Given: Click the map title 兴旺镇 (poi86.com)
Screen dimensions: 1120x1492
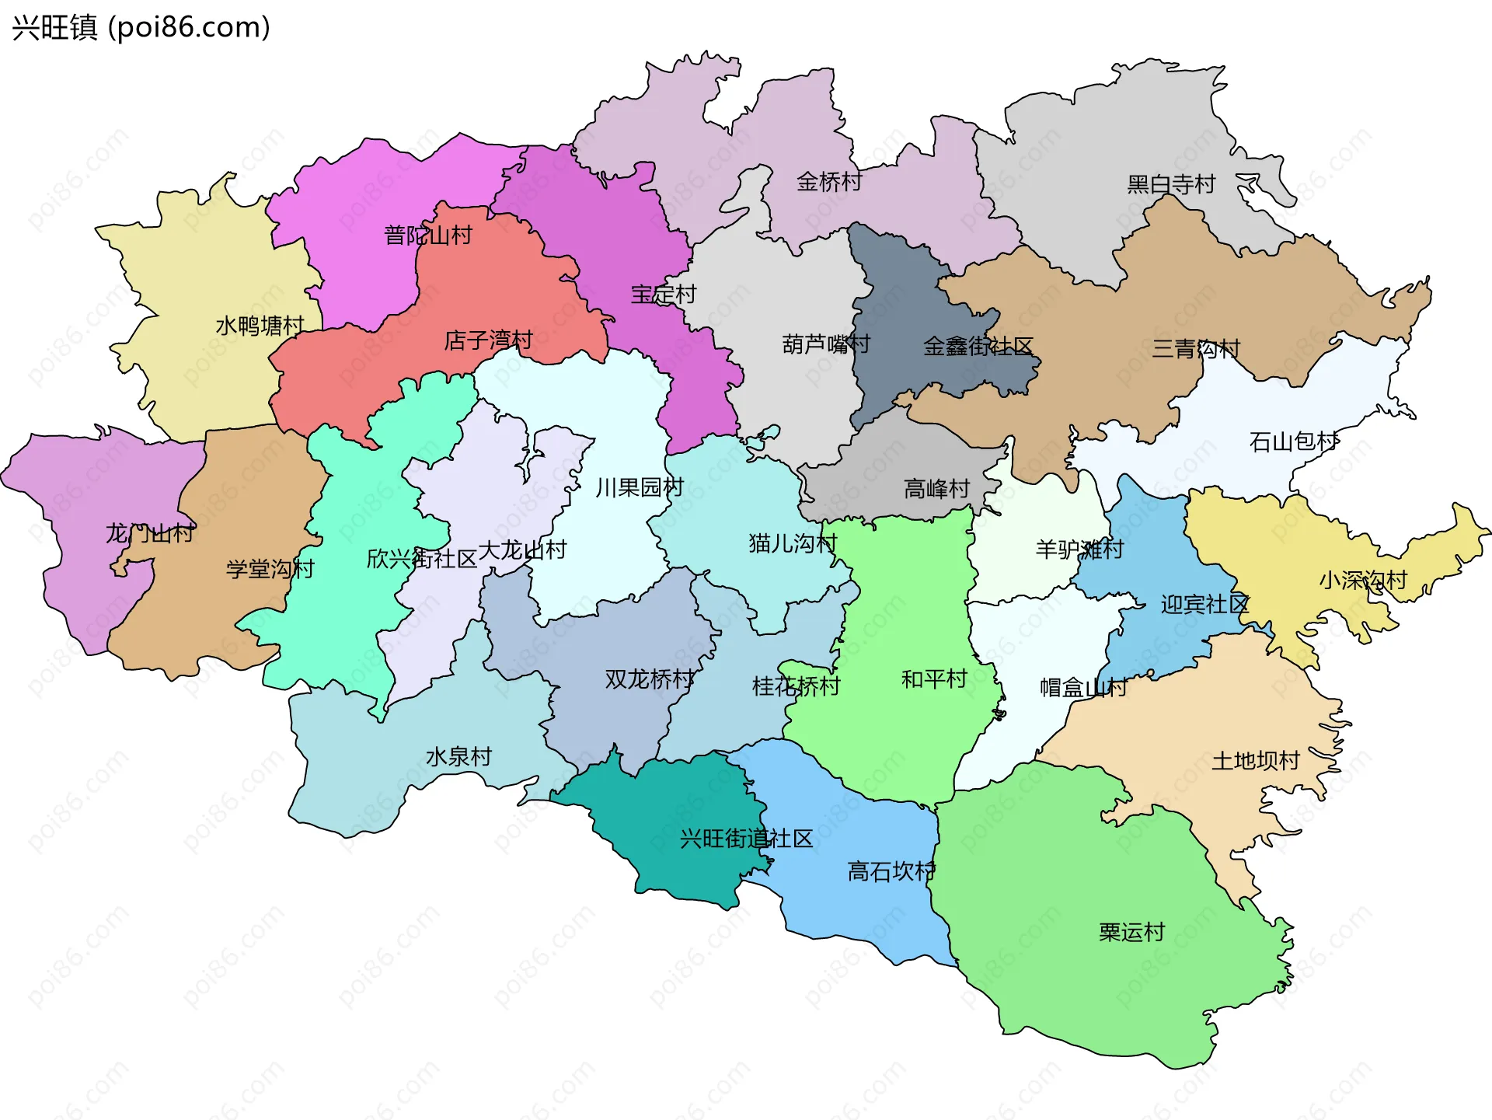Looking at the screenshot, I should [x=141, y=27].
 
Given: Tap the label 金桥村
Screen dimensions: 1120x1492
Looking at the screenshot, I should [x=829, y=182].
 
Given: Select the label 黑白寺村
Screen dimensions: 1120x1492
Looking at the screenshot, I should [x=1171, y=184].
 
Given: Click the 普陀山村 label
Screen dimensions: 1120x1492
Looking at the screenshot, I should [x=428, y=235].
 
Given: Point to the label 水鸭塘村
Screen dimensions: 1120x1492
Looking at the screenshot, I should [x=260, y=326].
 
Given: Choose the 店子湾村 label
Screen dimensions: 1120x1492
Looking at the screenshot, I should [x=488, y=340].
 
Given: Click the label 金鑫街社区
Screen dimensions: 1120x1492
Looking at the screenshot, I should [x=978, y=347].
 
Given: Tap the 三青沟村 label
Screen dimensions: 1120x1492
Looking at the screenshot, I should [x=1195, y=349].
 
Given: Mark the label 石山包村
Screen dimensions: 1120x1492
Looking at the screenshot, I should [x=1294, y=442].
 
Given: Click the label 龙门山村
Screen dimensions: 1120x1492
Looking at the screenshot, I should [x=149, y=533].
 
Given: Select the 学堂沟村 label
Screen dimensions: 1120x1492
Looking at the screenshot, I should [x=270, y=569].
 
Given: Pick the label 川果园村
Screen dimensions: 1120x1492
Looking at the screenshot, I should [x=639, y=487].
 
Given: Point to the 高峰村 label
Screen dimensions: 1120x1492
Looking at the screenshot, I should [x=936, y=489].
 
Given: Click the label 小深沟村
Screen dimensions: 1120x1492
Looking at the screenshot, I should [x=1363, y=580].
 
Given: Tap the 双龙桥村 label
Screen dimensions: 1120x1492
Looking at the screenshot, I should [x=650, y=679].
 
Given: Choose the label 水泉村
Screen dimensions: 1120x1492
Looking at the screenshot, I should [x=458, y=756].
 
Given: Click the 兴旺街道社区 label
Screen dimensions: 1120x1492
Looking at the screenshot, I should [x=746, y=839].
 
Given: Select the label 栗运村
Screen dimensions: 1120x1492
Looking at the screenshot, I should [x=1131, y=932].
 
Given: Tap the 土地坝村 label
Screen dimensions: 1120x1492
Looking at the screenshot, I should [x=1256, y=760].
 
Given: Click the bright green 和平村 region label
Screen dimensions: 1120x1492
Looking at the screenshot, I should [x=933, y=679].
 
